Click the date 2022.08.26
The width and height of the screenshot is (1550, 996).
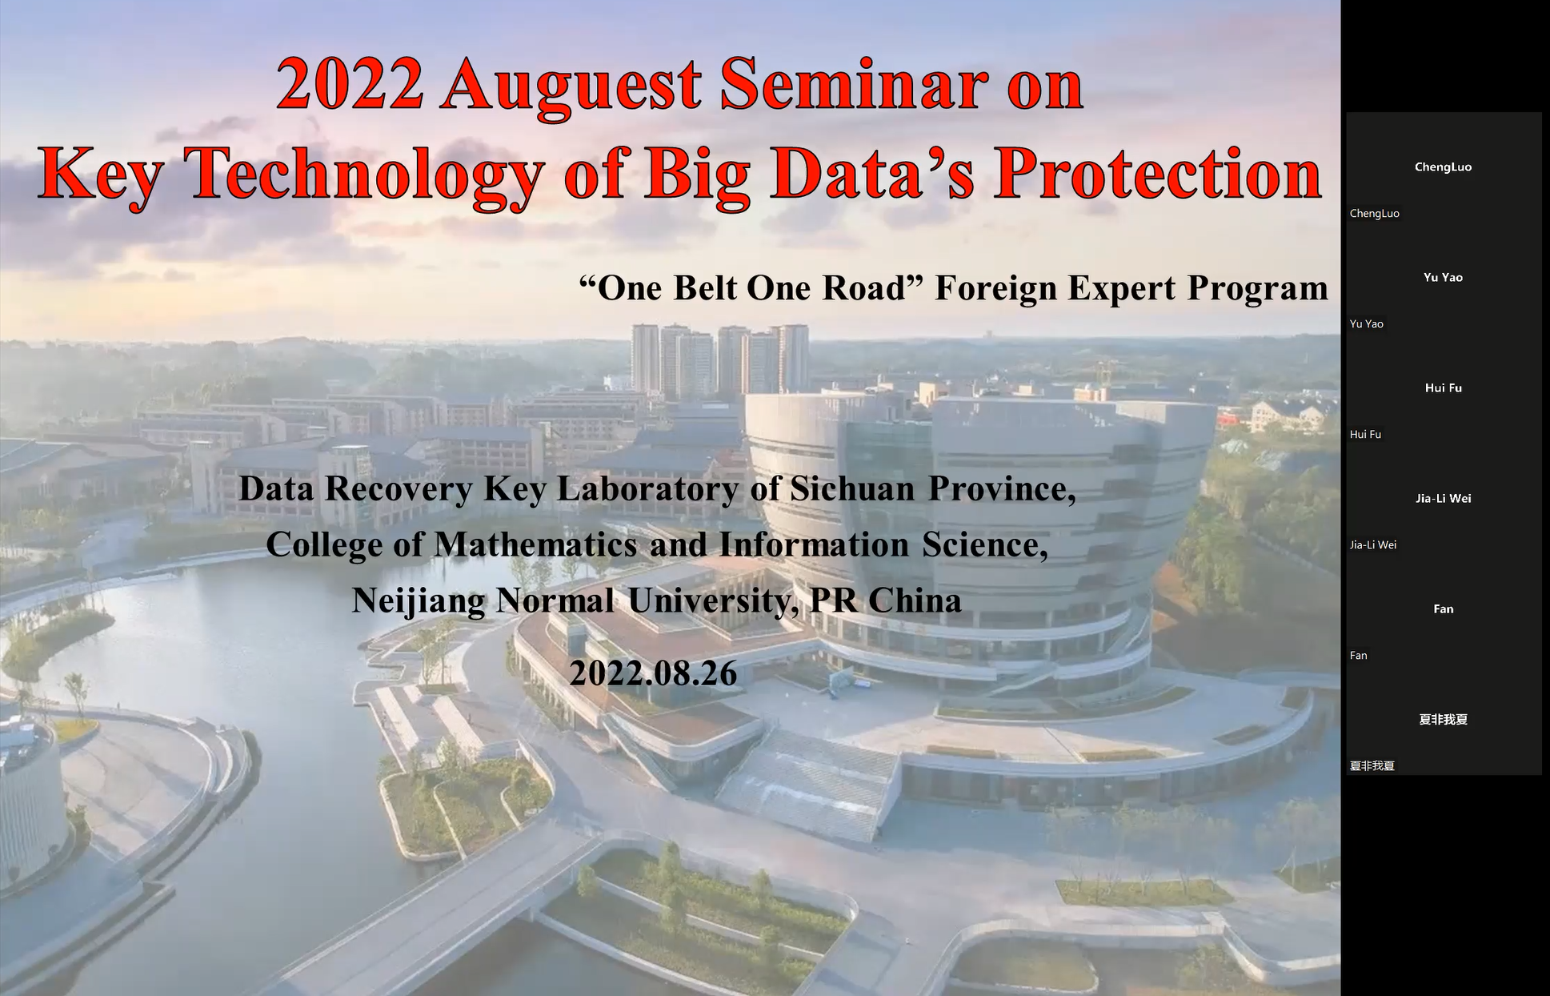[653, 673]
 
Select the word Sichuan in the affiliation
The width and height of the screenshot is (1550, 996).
[852, 488]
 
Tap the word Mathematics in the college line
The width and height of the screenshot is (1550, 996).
[535, 544]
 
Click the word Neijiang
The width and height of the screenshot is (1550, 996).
[419, 601]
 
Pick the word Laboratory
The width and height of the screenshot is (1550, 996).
[647, 489]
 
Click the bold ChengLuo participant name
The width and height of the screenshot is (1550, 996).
[1443, 167]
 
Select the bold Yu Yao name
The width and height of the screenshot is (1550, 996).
[1443, 277]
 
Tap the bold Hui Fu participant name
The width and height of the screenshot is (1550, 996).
[1443, 388]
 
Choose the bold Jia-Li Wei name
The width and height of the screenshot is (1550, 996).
[1443, 498]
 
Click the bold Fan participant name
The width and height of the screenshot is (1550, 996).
[1443, 608]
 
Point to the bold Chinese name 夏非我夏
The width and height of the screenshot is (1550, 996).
[1443, 719]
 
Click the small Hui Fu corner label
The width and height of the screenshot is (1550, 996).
[1365, 434]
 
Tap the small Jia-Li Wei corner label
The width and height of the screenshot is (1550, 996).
[1373, 544]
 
